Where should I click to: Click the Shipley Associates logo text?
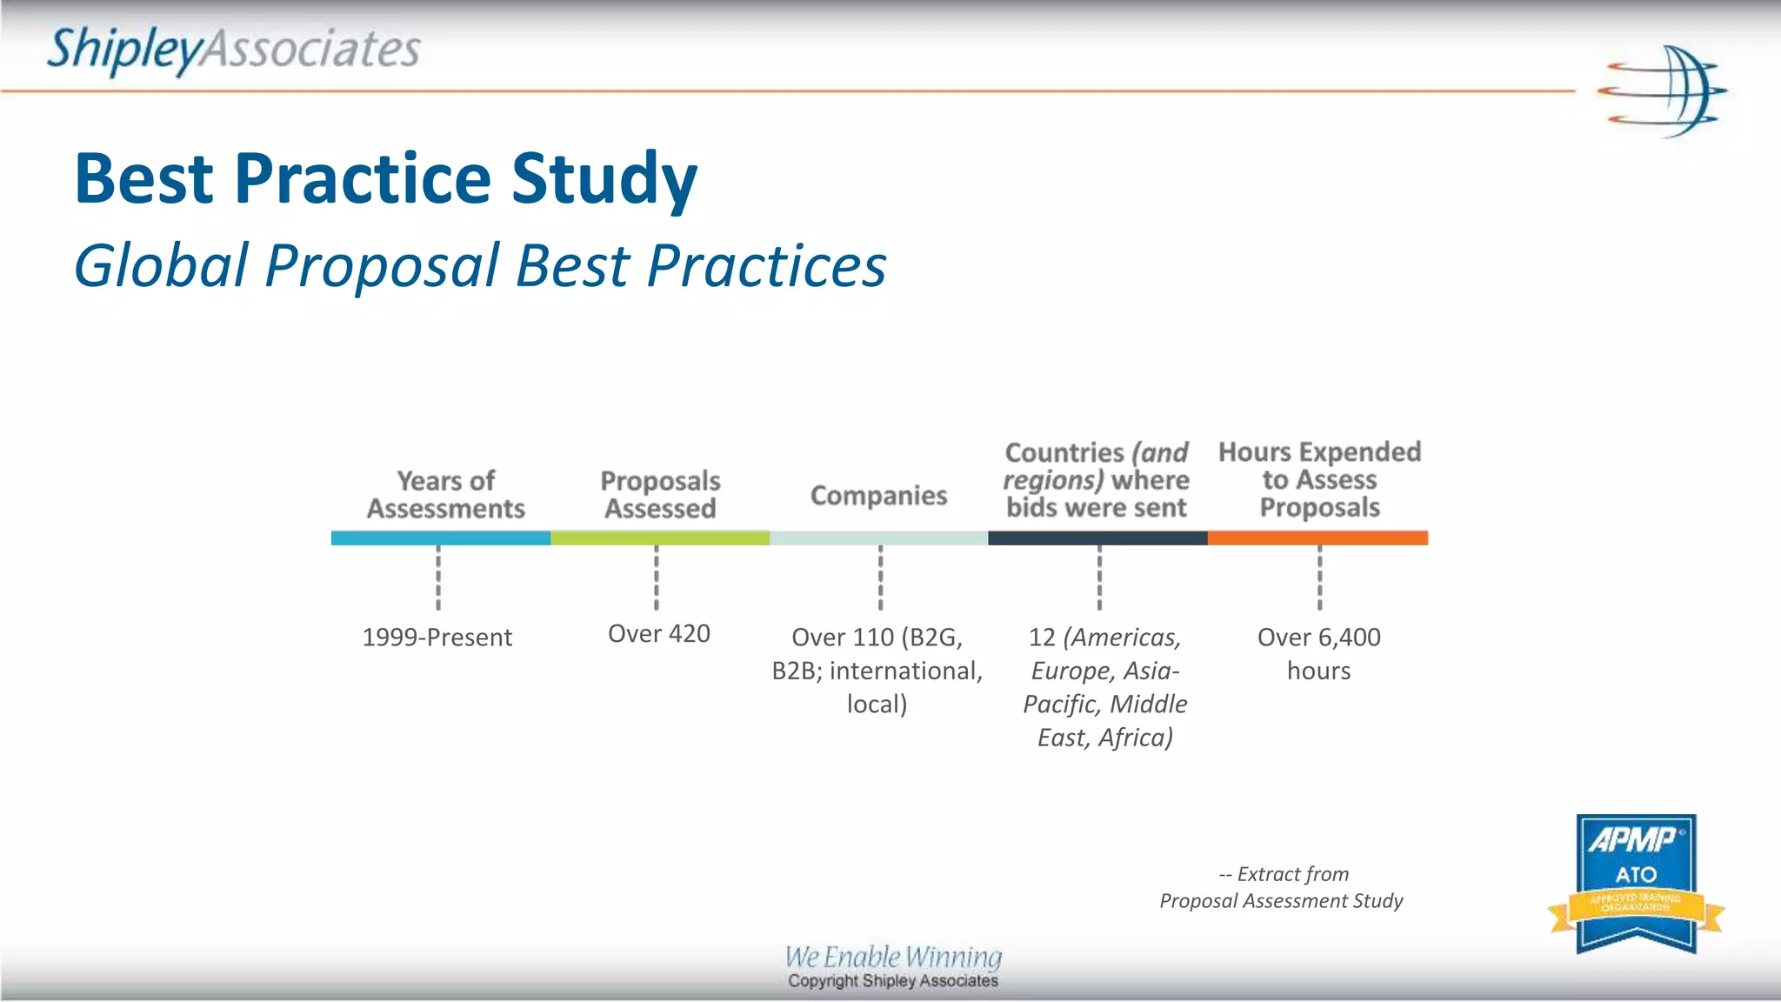point(233,50)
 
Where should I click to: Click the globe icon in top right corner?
point(1663,91)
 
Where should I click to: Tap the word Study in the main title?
point(604,178)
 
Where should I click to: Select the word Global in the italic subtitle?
point(160,265)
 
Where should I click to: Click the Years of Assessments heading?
point(445,494)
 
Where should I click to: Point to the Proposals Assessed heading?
point(660,494)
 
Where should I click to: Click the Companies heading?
point(878,495)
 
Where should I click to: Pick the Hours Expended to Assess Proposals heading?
point(1319,479)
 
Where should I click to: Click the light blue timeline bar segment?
point(440,538)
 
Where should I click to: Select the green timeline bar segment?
point(659,538)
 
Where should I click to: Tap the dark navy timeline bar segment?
point(1097,538)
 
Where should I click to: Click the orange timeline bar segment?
point(1317,538)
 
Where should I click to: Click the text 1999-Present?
point(437,638)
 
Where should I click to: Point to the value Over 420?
point(658,634)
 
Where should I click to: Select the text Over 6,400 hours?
point(1318,653)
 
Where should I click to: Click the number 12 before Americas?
point(1042,638)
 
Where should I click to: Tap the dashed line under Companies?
point(880,578)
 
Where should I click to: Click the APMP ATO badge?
point(1636,883)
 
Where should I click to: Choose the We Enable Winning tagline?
point(893,957)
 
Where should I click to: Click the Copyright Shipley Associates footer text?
point(893,981)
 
